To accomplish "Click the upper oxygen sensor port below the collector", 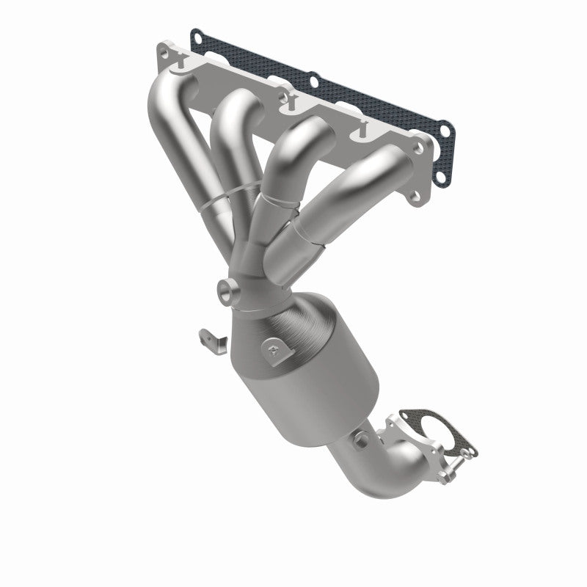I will (228, 293).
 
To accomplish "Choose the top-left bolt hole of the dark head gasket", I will (196, 34).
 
